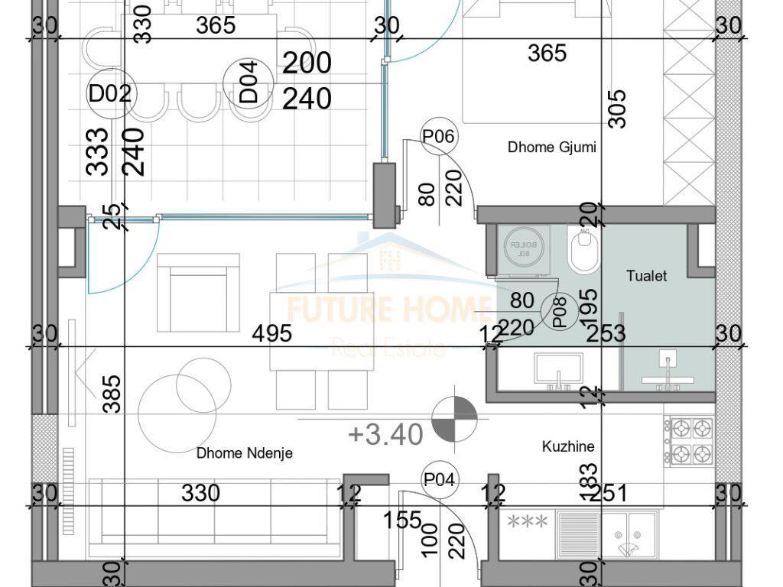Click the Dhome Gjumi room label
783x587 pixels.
click(x=551, y=148)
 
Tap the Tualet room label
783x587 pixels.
click(x=646, y=276)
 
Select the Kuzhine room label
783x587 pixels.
click(x=568, y=446)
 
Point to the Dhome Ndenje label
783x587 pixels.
click(x=244, y=453)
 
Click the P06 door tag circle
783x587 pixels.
click(x=439, y=137)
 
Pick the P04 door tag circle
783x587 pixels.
click(x=440, y=480)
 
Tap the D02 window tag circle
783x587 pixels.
click(x=110, y=94)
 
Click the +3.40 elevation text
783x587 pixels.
click(x=385, y=434)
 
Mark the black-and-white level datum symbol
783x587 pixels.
click(x=454, y=419)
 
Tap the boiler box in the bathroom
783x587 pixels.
click(x=524, y=248)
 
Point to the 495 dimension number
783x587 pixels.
click(x=273, y=334)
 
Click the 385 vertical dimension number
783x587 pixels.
click(x=112, y=394)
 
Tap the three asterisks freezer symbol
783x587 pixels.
click(x=528, y=522)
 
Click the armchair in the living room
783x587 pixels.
click(x=198, y=293)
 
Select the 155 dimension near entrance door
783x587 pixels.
click(x=403, y=520)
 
